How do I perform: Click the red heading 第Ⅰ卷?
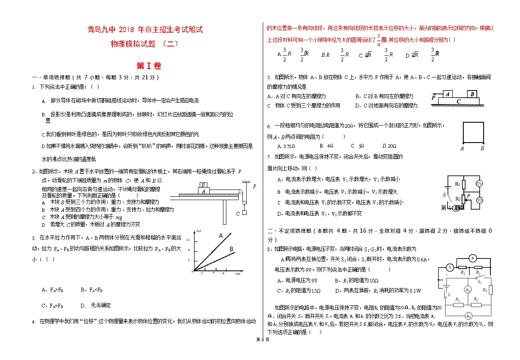(149, 66)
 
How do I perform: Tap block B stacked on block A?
(204, 185)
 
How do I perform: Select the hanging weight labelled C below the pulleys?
(245, 213)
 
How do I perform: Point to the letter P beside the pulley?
(254, 186)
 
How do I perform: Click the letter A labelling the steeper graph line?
(220, 236)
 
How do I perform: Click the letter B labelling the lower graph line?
(231, 250)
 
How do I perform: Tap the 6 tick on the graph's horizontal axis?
(223, 273)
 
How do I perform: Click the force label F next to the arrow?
(433, 98)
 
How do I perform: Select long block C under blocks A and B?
(458, 102)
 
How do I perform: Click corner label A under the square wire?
(462, 148)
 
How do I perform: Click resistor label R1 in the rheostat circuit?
(457, 184)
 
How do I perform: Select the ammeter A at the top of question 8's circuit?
(473, 258)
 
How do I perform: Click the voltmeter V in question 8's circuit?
(450, 267)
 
